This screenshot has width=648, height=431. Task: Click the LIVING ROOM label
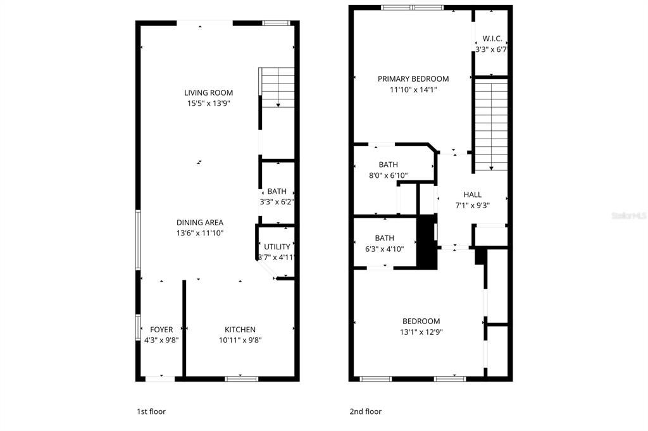pos(208,92)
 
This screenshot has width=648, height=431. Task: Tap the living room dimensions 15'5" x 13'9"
pos(208,103)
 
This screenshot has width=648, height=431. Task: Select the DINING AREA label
pos(199,222)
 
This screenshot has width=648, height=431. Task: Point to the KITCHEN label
pos(240,329)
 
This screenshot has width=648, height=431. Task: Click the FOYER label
pos(161,329)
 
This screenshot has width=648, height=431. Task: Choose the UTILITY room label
pos(277,247)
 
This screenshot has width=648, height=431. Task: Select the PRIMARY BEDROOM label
pos(413,79)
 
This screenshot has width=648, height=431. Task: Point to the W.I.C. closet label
pos(492,39)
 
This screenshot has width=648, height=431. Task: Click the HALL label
pos(472,194)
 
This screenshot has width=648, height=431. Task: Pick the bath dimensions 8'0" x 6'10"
pos(389,175)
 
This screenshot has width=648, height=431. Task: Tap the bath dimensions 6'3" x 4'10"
pos(384,249)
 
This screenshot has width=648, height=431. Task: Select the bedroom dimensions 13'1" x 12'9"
pos(421,332)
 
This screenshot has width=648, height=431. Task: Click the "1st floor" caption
pos(151,411)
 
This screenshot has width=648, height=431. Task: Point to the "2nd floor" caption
pos(366,411)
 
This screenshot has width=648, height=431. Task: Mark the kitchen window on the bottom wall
pos(242,378)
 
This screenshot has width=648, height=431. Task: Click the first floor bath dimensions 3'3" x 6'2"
pos(277,202)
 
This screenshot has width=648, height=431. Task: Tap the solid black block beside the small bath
pos(427,242)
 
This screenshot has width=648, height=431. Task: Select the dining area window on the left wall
pos(138,240)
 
